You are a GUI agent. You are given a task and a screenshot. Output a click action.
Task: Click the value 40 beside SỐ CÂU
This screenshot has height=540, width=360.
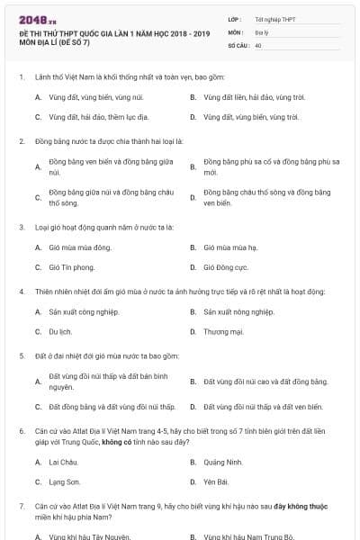258,43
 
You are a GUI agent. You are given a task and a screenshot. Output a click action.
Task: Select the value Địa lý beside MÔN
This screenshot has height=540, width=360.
261,31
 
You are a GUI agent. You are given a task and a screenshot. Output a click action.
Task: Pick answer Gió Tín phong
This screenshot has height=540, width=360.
72,267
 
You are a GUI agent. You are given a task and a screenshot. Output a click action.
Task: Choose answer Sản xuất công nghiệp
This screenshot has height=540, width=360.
85,311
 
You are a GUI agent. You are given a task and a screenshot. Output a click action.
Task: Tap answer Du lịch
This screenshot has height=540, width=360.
60,331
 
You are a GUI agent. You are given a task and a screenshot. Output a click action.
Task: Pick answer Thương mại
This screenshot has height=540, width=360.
223,331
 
